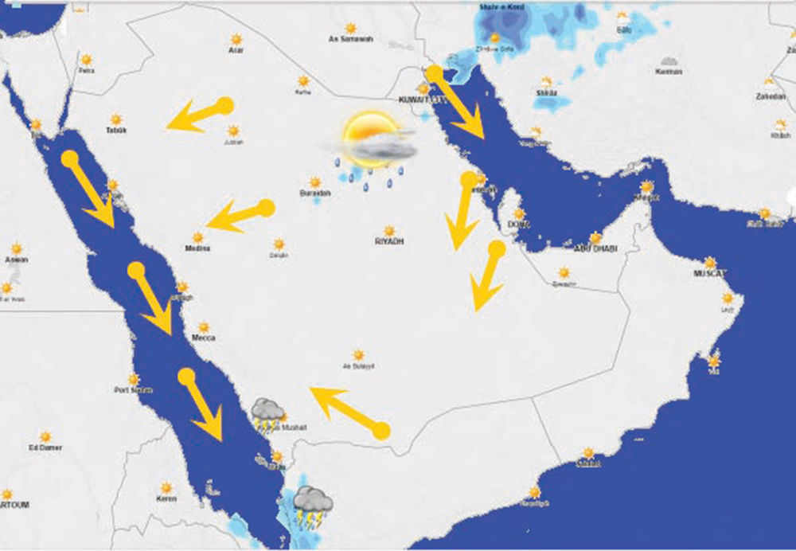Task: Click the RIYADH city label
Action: (x=389, y=240)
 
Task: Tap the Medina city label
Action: (x=197, y=248)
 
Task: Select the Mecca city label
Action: (x=203, y=338)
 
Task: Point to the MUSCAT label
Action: (x=710, y=274)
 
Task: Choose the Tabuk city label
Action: (x=116, y=130)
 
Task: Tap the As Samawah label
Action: (x=351, y=39)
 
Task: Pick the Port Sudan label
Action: (x=133, y=390)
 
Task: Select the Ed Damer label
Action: (x=45, y=447)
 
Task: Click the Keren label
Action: (x=166, y=498)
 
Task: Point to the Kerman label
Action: (x=669, y=72)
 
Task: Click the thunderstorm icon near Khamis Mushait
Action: (x=267, y=412)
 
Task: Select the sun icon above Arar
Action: (x=236, y=39)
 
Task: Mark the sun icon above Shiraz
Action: (x=546, y=82)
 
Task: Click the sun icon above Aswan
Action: (x=16, y=248)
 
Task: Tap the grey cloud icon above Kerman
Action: (x=669, y=61)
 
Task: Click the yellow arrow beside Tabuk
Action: (x=199, y=114)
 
